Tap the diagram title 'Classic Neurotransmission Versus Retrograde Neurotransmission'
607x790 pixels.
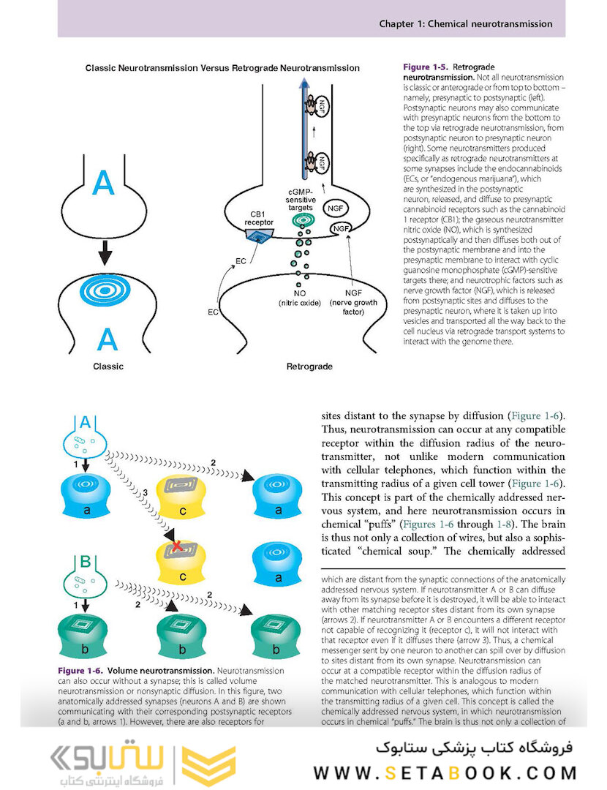[x=222, y=68]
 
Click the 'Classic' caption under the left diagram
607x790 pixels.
[x=108, y=366]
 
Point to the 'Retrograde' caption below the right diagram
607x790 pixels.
[x=310, y=366]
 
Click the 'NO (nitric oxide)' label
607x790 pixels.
[x=300, y=298]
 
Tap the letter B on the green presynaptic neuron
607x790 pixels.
[x=86, y=563]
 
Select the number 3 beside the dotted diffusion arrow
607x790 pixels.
[x=145, y=494]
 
